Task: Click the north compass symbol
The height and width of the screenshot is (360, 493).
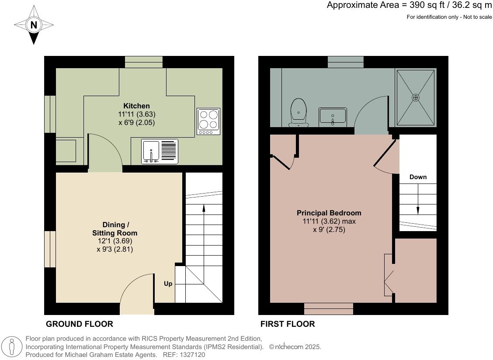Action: click(x=33, y=25)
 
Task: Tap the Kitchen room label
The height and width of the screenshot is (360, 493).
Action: click(x=136, y=106)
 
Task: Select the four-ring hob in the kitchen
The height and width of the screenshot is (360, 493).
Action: click(x=208, y=121)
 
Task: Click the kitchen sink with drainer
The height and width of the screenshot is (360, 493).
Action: click(x=160, y=151)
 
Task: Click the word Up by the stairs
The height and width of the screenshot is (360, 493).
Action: click(x=168, y=284)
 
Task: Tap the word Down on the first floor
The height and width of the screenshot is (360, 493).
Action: click(x=418, y=177)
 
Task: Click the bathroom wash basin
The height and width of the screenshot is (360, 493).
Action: click(x=333, y=116)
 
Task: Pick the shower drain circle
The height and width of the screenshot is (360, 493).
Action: click(x=415, y=97)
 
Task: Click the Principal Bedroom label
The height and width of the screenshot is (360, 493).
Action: click(x=329, y=213)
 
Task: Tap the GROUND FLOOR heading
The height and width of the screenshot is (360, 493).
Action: click(x=80, y=324)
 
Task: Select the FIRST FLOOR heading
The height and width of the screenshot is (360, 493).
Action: click(x=288, y=324)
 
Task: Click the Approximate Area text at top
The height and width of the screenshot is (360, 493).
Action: click(x=409, y=5)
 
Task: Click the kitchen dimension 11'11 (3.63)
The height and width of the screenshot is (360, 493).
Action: click(x=136, y=114)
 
